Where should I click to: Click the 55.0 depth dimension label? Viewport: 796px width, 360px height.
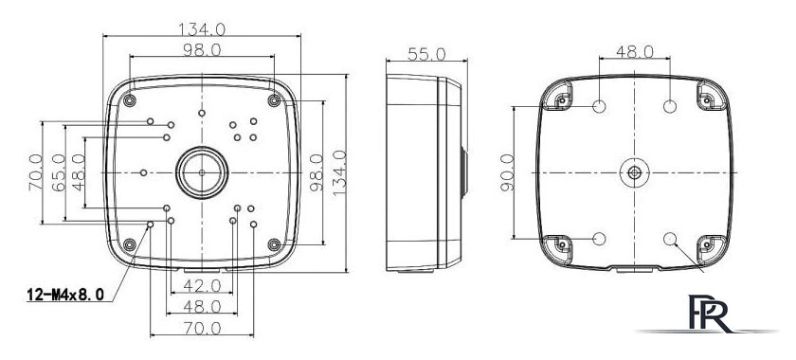click(x=426, y=54)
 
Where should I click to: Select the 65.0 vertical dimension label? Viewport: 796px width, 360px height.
click(x=59, y=172)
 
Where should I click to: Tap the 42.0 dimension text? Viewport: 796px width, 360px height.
click(x=202, y=286)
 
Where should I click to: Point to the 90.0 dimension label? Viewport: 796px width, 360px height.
click(x=507, y=172)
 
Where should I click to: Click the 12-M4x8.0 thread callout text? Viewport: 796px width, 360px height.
click(x=65, y=294)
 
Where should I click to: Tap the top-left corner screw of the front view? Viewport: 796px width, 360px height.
click(x=130, y=100)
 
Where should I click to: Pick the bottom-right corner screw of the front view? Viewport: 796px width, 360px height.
click(x=274, y=245)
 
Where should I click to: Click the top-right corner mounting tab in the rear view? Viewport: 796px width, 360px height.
click(x=711, y=97)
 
